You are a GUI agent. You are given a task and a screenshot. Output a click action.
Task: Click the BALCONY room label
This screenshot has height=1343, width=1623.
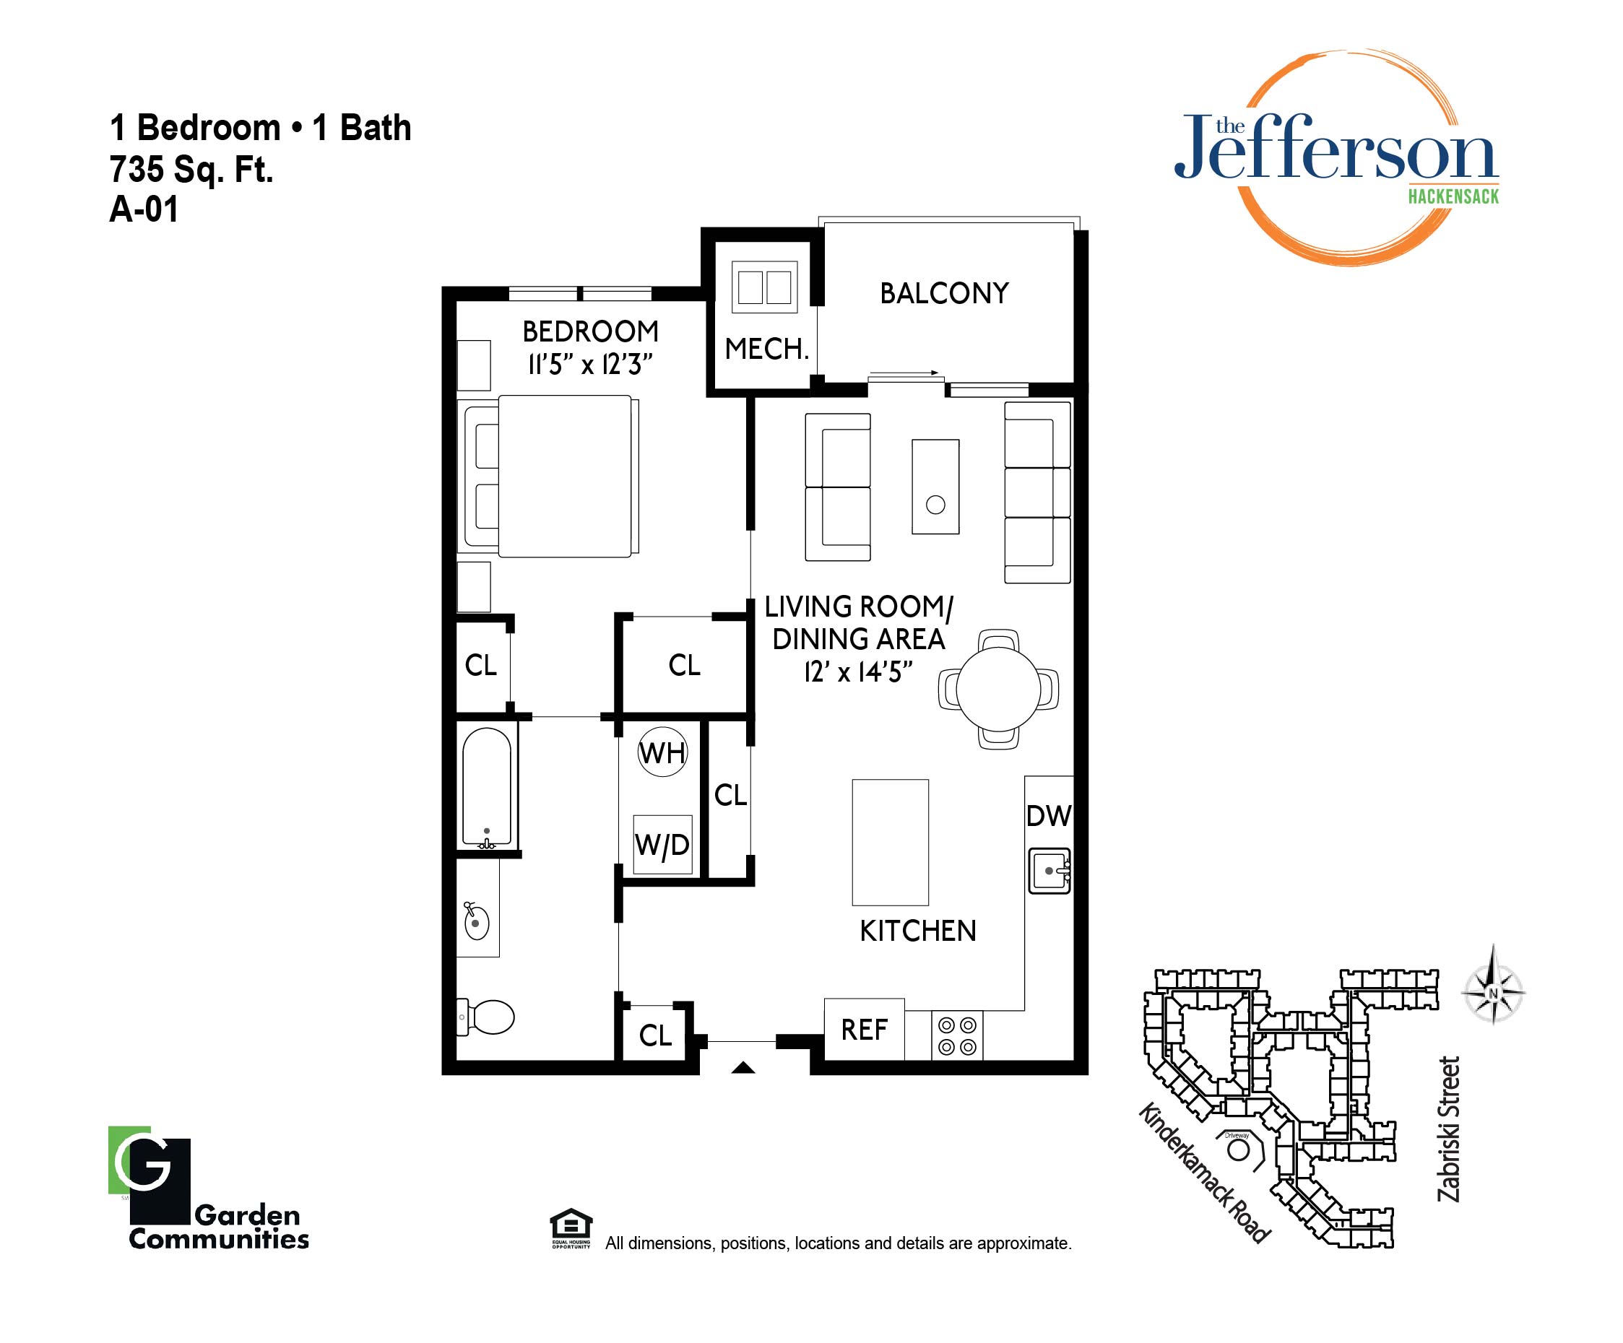tap(945, 294)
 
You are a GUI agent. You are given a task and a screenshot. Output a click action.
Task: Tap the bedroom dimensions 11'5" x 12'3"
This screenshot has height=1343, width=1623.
tap(590, 364)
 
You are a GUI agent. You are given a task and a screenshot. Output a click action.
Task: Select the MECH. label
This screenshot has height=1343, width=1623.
tap(766, 349)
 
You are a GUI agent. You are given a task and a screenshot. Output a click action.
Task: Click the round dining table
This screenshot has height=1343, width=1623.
tap(998, 690)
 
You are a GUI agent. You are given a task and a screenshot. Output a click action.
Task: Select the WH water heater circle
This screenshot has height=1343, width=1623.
tap(662, 752)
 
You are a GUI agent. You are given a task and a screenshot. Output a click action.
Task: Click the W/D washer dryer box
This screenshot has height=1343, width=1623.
tap(662, 845)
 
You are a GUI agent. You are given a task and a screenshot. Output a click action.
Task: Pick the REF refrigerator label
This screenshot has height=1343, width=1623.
tap(864, 1030)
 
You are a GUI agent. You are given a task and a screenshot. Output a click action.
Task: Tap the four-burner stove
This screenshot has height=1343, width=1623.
tap(957, 1036)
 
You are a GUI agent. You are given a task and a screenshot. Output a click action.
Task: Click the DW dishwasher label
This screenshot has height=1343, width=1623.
tap(1049, 816)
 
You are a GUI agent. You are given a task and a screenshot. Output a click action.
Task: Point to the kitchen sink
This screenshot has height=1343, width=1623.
tap(1049, 871)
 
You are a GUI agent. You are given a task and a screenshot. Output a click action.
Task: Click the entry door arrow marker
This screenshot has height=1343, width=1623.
tap(743, 1068)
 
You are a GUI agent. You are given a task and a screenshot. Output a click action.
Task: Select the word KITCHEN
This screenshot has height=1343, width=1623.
tap(918, 931)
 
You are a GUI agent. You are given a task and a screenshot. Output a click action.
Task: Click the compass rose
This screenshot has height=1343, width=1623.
tap(1493, 992)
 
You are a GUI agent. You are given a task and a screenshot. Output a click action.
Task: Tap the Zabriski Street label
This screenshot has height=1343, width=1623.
tap(1448, 1130)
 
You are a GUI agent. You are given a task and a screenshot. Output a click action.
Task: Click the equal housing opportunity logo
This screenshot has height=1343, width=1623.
tap(571, 1229)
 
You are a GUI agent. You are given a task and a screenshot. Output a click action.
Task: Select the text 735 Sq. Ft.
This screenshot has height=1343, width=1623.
tap(191, 169)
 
